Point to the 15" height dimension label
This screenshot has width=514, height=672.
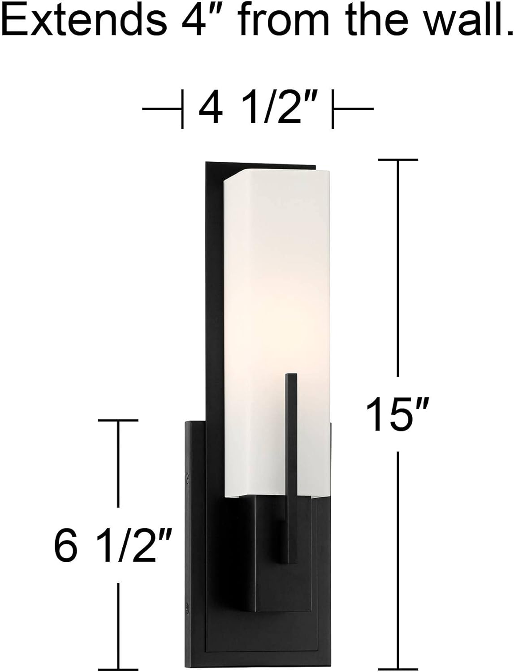398,415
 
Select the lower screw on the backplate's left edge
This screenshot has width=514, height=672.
188,609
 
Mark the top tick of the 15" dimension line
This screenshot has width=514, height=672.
398,159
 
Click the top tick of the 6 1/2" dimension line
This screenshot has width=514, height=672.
118,420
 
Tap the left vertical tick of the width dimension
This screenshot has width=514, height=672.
182,109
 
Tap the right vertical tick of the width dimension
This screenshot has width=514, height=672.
332,109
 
